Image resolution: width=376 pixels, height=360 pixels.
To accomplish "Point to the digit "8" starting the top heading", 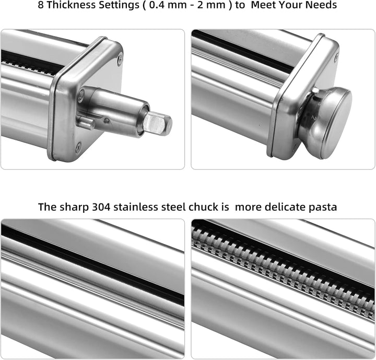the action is (x=41, y=5).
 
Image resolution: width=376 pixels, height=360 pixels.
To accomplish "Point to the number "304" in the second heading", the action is (x=101, y=207).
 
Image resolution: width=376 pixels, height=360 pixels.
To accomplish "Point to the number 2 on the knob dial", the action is (x=313, y=117).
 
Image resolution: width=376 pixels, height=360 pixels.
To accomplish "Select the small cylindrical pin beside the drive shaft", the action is (x=86, y=123).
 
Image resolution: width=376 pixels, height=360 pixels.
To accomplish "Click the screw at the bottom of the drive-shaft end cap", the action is (x=78, y=146).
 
